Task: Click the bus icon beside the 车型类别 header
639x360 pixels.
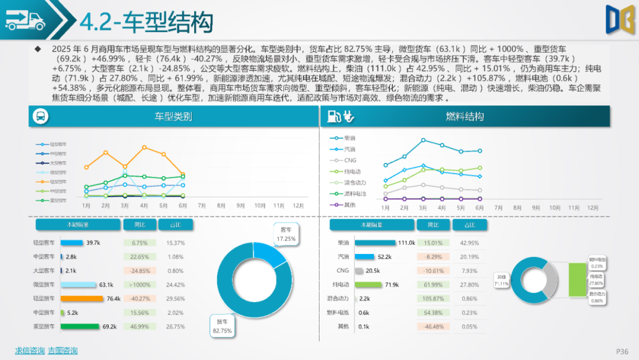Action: pos(39,117)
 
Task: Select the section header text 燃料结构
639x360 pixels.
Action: pos(464,117)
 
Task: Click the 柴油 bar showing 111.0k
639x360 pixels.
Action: pos(375,243)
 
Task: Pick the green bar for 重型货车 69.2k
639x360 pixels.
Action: pos(79,326)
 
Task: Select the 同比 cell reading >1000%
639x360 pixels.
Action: pos(139,285)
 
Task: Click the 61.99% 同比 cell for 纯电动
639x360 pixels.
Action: pos(434,285)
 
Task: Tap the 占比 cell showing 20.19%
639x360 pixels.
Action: pos(469,257)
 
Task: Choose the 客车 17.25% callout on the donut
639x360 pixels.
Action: pos(286,234)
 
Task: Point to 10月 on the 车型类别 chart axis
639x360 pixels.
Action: pos(260,205)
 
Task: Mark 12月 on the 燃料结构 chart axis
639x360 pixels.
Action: pos(592,208)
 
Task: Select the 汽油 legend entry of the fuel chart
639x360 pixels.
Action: pos(349,149)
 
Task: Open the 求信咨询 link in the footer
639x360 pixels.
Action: pos(30,351)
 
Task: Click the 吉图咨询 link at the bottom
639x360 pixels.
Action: pos(63,351)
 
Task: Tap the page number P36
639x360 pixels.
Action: pos(622,351)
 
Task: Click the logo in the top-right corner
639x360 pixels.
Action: pos(619,20)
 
